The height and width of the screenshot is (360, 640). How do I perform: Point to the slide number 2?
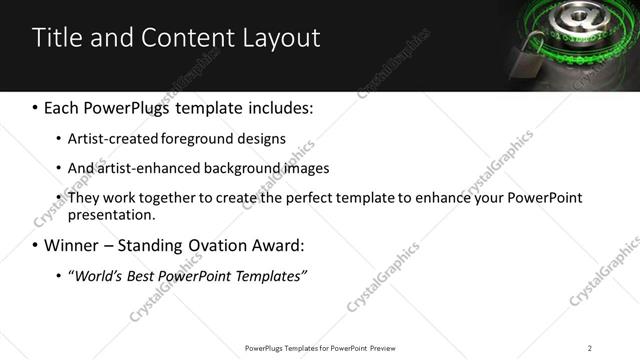(x=590, y=348)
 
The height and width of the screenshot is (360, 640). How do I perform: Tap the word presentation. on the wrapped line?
(x=112, y=215)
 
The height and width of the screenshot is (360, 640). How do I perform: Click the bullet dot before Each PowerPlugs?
(x=36, y=107)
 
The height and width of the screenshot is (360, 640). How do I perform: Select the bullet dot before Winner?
(x=36, y=245)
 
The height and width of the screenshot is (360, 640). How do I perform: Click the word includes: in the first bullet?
(x=283, y=107)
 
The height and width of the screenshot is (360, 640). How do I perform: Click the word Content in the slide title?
(x=177, y=38)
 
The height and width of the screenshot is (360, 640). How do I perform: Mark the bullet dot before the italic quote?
(x=59, y=275)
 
